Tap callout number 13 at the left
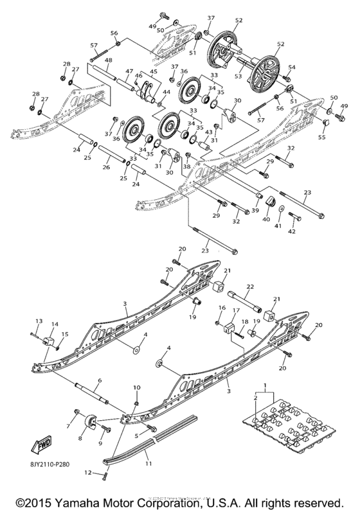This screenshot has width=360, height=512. tap(38, 321)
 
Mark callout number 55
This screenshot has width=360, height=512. tap(322, 137)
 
